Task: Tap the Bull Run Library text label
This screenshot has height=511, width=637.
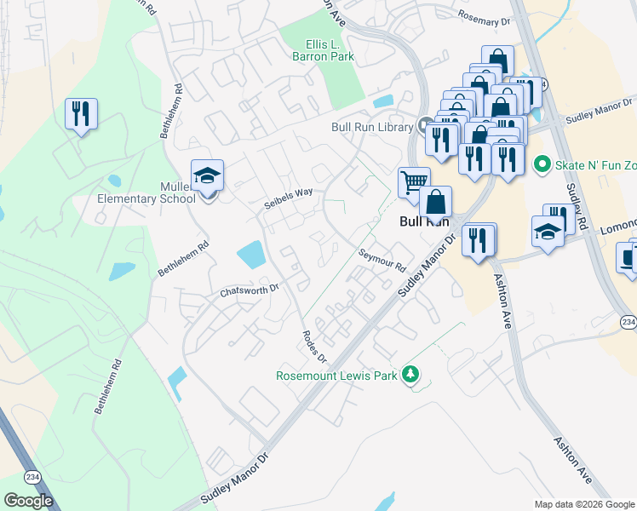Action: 372,127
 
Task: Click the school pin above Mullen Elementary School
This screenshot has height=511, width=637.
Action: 207,175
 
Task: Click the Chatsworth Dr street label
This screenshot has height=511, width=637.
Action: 250,291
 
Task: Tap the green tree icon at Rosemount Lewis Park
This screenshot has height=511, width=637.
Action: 411,375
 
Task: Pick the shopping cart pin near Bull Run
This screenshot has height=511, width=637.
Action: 413,181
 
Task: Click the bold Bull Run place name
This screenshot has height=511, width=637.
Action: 423,221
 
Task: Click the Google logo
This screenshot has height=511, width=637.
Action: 29,501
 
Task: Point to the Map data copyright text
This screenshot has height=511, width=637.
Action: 584,504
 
